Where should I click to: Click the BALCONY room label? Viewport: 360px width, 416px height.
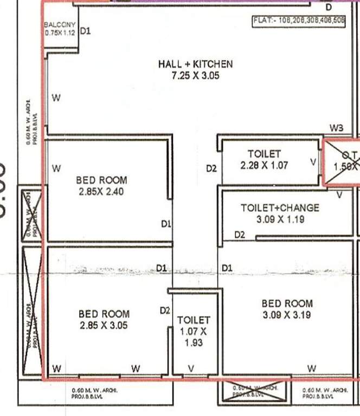[x=59, y=24]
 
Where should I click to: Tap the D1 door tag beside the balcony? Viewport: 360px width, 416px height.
[x=85, y=31]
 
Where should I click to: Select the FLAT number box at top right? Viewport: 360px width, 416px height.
[x=298, y=22]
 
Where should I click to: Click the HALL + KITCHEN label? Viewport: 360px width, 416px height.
[x=195, y=64]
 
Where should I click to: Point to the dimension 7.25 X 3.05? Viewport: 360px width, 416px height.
[x=195, y=76]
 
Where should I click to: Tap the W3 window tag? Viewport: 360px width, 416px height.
[x=336, y=128]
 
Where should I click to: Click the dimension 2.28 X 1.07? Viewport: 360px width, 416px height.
[x=264, y=166]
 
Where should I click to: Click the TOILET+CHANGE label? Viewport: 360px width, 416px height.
[x=280, y=207]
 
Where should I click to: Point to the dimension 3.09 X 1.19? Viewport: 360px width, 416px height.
[x=280, y=219]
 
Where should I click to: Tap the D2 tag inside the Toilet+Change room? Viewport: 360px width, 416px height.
[x=239, y=235]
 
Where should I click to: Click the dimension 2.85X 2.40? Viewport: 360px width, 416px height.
[x=101, y=191]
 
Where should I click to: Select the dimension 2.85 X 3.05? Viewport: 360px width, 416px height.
[x=104, y=326]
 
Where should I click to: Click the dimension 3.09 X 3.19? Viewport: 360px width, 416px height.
[x=287, y=315]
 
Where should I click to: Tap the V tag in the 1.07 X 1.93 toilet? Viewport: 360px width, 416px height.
[x=190, y=368]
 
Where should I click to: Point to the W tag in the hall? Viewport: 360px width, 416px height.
[x=55, y=98]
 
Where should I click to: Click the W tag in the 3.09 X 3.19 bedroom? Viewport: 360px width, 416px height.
[x=311, y=368]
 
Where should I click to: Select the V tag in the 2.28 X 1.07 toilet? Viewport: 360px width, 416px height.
[x=312, y=161]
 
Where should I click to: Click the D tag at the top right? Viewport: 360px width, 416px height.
[x=328, y=8]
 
